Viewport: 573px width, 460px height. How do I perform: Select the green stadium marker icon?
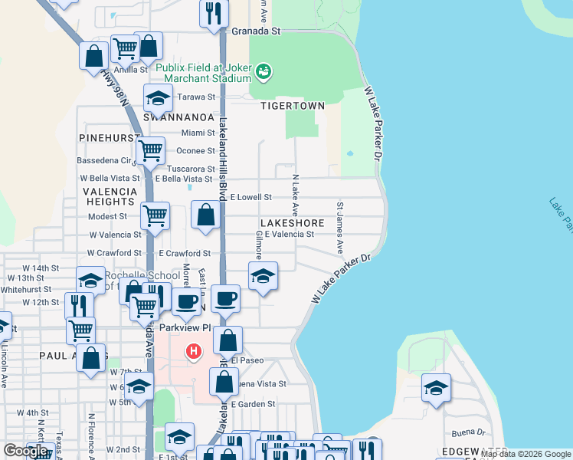pos(264,71)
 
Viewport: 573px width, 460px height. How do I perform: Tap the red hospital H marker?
pos(195,351)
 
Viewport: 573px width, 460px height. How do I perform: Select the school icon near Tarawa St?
pos(158,98)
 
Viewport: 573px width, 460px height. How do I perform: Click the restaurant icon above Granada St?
pos(214,12)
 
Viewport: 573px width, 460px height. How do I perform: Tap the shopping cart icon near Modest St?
pos(156,215)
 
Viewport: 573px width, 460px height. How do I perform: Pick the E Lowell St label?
pos(250,197)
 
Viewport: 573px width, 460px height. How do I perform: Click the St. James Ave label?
pos(339,228)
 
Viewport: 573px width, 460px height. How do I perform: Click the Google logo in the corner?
pos(25,451)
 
